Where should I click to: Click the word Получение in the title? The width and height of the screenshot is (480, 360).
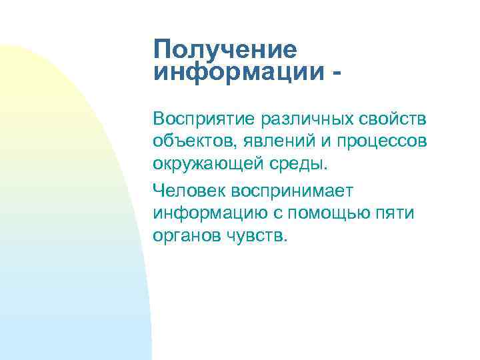pyautogui.click(x=225, y=50)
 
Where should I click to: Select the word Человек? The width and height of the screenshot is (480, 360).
pyautogui.click(x=189, y=191)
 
